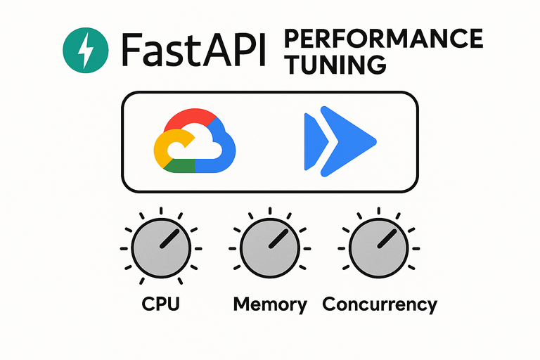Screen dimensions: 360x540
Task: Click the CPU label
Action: tap(161, 304)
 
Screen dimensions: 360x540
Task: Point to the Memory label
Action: tap(270, 304)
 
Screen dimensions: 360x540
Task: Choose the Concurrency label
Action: tap(380, 304)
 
